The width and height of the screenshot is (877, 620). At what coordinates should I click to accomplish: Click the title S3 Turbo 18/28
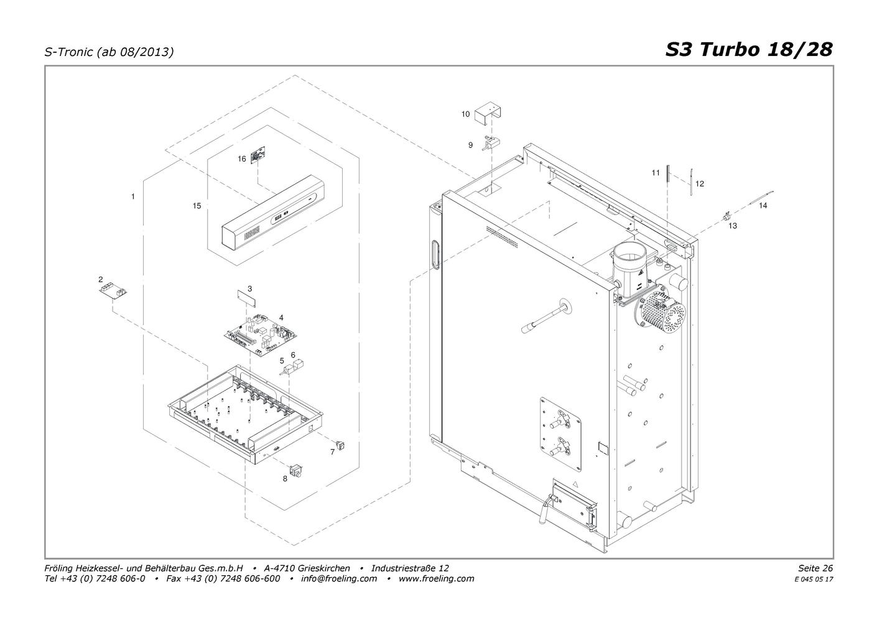click(x=749, y=50)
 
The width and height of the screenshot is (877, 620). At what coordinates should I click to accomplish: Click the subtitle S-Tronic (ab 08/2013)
click(x=109, y=52)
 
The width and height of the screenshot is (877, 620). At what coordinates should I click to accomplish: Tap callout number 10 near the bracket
click(x=465, y=114)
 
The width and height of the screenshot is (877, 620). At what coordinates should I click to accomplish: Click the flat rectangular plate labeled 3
click(x=246, y=298)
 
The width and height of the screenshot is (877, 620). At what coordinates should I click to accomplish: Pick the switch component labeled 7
click(x=341, y=445)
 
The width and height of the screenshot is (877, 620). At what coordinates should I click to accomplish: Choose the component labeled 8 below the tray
click(x=297, y=470)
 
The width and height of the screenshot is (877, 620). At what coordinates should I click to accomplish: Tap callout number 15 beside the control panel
click(x=197, y=205)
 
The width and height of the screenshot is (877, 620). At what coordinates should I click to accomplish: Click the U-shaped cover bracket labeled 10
click(x=488, y=114)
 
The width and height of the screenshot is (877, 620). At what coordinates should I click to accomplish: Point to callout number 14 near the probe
click(x=763, y=205)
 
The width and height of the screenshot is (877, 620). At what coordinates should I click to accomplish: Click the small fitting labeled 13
click(x=726, y=216)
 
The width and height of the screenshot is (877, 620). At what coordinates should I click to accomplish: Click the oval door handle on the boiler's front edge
click(x=435, y=255)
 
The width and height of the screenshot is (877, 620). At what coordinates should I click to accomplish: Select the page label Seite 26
click(x=815, y=568)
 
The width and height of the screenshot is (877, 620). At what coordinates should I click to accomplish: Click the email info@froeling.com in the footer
click(x=339, y=578)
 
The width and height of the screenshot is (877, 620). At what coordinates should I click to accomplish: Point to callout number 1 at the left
click(x=133, y=197)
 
